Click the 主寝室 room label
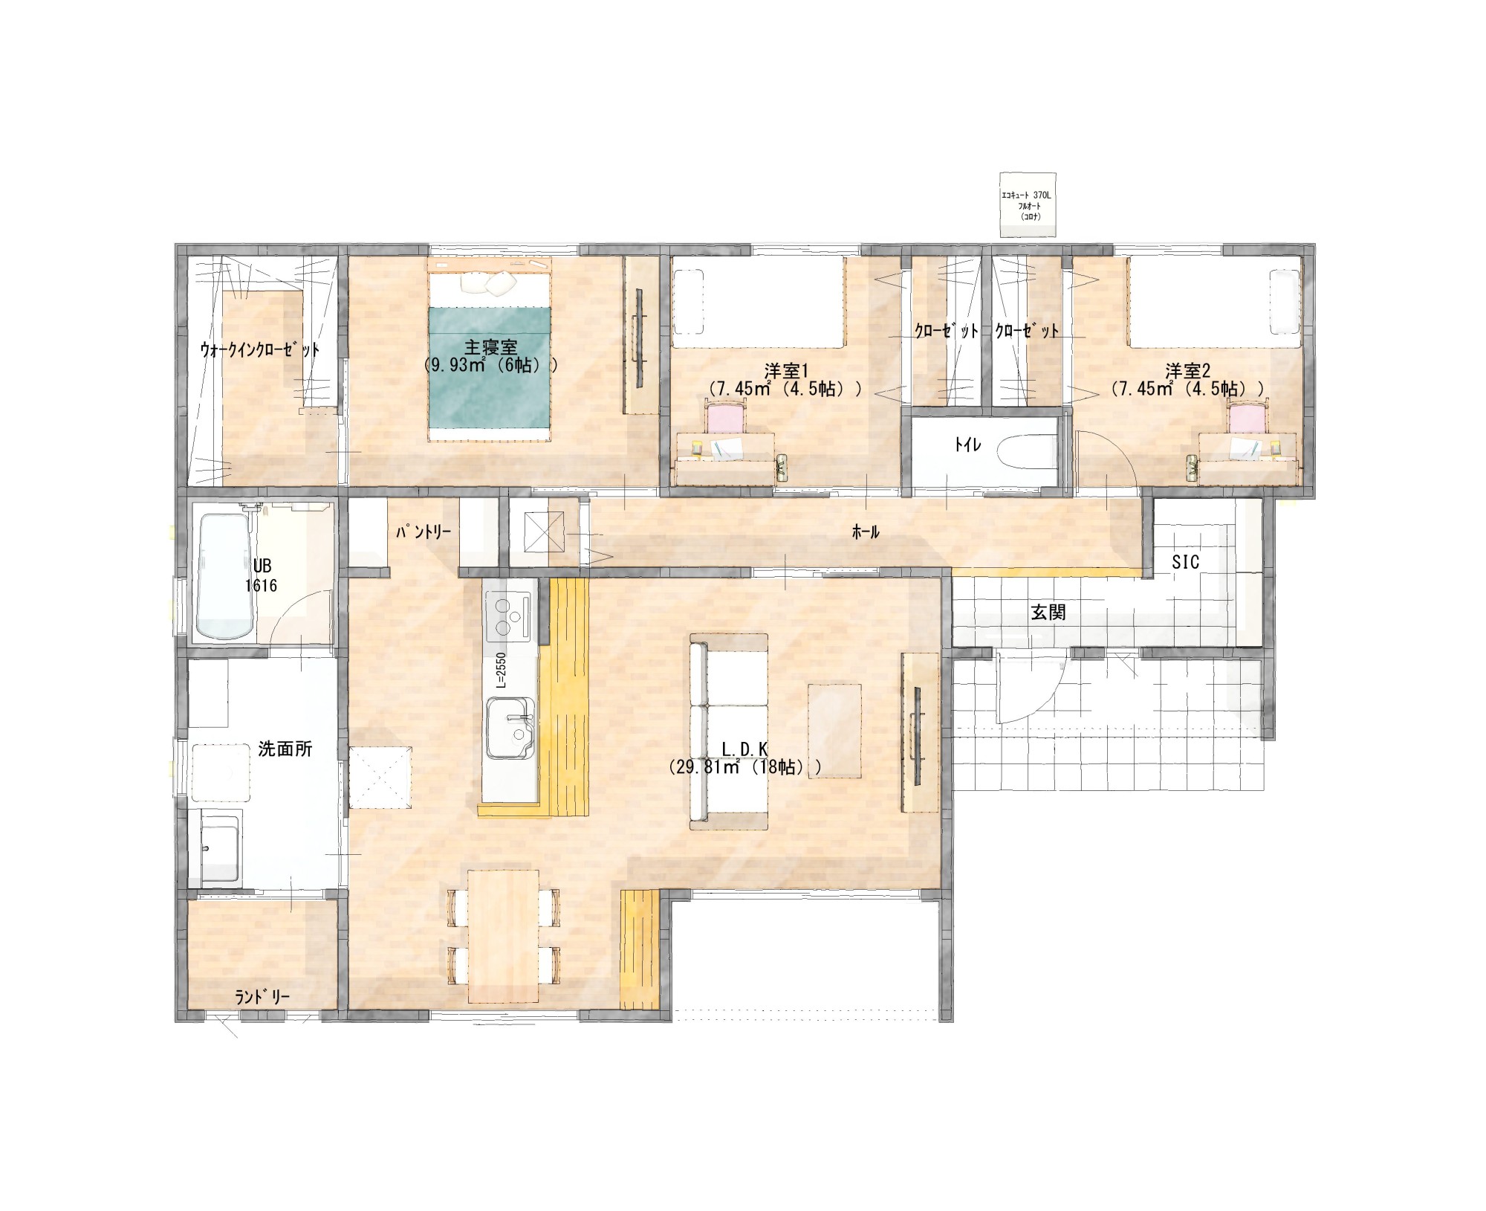point(490,346)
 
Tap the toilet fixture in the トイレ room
point(1026,453)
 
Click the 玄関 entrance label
point(1048,613)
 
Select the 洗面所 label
point(285,749)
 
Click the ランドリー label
point(262,997)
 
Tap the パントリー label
point(423,532)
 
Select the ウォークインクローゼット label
point(260,350)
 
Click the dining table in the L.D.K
point(503,935)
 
